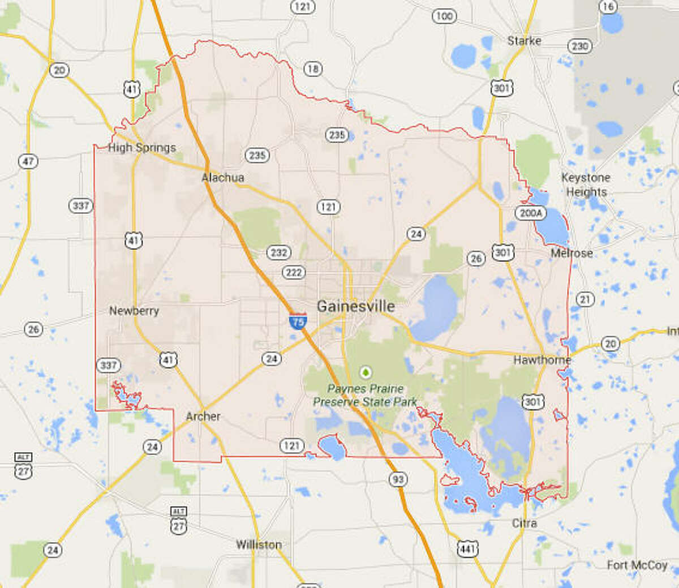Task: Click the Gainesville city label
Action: [355, 306]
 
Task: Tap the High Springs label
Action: [141, 148]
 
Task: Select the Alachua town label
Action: [223, 178]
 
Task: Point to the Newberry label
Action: [134, 311]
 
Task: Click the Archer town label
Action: [203, 417]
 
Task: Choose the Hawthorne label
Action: [542, 360]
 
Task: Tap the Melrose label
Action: [571, 253]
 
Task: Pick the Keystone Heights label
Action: [586, 184]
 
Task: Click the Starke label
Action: [524, 41]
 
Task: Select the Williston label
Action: [259, 544]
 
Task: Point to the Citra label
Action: [524, 523]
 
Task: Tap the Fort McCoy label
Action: [637, 565]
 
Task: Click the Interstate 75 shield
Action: [298, 321]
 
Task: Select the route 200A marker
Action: [530, 213]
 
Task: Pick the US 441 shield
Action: [467, 548]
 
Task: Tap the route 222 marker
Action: [294, 273]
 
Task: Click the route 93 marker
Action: [398, 479]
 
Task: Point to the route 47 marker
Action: [28, 161]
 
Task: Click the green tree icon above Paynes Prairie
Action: [366, 372]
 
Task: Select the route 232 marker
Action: [278, 252]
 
